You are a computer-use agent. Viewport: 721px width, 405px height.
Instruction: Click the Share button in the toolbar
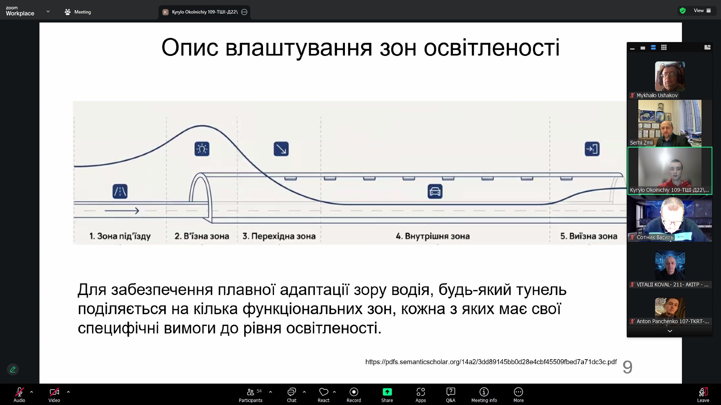387,395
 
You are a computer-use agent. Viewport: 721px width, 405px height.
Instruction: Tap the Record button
354,395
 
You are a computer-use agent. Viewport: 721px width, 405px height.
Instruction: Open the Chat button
292,395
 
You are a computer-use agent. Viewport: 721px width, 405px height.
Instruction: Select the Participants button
251,395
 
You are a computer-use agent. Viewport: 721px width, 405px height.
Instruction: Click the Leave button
703,395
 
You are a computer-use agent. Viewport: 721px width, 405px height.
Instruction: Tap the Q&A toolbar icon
450,395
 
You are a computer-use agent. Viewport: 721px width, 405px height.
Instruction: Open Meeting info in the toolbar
484,395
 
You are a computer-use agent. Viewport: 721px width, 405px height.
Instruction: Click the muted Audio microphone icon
20,392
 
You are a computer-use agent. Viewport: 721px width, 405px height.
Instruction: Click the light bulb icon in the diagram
202,149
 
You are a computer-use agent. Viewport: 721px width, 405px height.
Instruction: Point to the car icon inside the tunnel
435,191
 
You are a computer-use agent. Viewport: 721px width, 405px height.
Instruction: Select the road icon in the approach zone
120,191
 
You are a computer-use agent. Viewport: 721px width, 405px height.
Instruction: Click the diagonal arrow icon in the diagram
281,149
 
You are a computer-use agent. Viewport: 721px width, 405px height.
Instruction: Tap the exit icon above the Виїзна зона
592,149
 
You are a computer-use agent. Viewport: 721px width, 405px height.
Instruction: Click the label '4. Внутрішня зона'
432,236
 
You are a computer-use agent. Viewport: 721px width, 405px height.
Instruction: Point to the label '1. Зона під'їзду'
120,236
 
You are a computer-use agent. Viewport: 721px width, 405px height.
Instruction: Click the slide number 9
627,367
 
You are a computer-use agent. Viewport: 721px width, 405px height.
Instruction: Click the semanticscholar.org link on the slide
491,362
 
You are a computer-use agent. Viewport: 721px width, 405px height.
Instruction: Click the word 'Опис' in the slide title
190,48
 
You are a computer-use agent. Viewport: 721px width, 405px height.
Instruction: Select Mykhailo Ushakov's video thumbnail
670,76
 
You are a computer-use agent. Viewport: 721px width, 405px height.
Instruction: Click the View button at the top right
701,11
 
